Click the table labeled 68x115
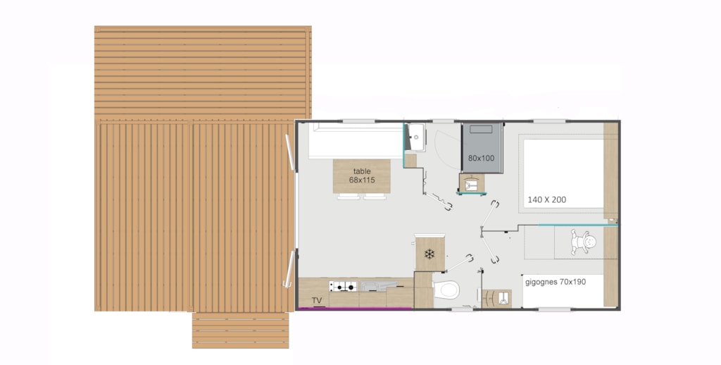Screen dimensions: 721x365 pos(361,176)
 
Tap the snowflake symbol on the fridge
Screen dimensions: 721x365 pos(430,254)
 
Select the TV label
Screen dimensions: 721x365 pos(316,301)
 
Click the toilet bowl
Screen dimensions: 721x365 pos(446,290)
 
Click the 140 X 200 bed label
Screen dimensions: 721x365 pos(546,199)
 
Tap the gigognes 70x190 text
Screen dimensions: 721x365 pos(556,282)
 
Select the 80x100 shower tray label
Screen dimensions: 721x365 pos(482,158)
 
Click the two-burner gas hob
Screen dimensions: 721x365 pos(343,286)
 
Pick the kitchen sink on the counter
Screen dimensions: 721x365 pos(379,286)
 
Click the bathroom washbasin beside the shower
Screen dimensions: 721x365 pos(416,137)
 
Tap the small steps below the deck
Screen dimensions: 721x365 pos(241,330)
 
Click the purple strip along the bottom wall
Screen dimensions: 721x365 pos(355,309)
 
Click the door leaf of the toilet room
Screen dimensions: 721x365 pos(458,264)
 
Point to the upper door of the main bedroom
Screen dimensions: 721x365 pos(489,214)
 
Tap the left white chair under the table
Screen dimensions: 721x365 pos(349,197)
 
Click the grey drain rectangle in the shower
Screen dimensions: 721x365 pos(481,130)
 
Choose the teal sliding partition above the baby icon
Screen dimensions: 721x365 pos(577,225)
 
